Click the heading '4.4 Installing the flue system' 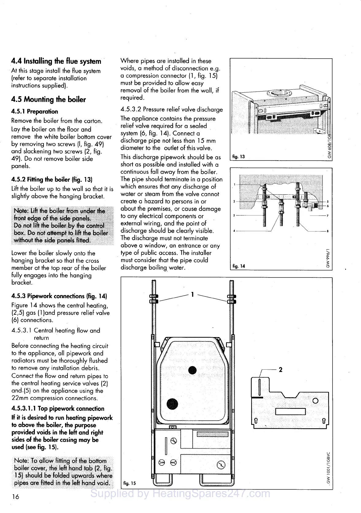click(56, 61)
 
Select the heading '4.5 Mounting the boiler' click(48, 99)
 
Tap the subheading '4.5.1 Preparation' click(35, 111)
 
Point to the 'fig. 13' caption click(239, 157)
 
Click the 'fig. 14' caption click(239, 266)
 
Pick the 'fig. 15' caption click(129, 483)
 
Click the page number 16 click(15, 497)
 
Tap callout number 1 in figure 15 click(192, 295)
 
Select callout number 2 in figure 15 click(280, 370)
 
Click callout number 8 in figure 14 click(328, 231)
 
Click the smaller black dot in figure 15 click(192, 371)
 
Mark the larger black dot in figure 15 click(172, 403)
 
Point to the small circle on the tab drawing click(315, 401)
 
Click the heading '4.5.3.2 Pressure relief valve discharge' click(172, 110)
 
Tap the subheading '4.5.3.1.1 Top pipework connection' click(58, 409)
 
